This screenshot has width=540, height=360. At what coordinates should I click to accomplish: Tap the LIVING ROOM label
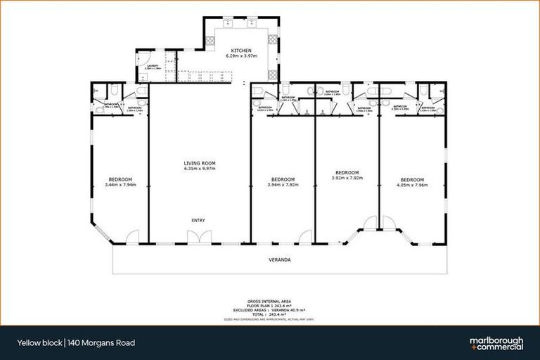(x=198, y=163)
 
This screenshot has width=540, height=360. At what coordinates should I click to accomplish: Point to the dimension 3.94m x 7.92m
(x=282, y=184)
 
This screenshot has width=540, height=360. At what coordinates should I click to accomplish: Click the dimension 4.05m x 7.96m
(x=412, y=184)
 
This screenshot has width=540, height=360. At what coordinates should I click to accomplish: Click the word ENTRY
(x=198, y=221)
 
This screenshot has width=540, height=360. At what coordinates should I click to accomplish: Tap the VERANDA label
(x=280, y=259)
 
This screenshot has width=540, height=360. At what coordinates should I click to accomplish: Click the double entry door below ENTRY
(x=198, y=239)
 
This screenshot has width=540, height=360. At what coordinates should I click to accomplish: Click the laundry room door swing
(x=144, y=59)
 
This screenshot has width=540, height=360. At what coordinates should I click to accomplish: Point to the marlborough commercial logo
(x=496, y=342)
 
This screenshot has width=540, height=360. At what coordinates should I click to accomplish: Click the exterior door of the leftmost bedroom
(x=132, y=238)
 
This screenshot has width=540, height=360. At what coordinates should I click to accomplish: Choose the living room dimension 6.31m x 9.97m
(x=198, y=169)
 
